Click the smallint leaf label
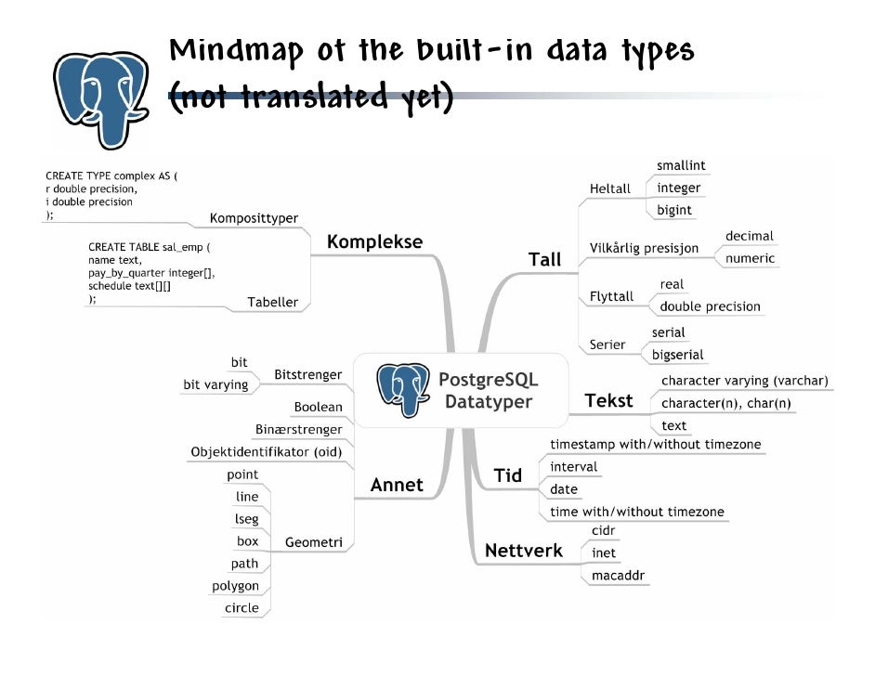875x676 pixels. point(681,165)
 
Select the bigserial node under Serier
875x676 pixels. point(677,355)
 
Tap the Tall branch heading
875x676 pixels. point(545,259)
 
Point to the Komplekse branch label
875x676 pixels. point(375,241)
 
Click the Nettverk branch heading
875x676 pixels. point(524,551)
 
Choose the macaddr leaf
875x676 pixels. point(619,576)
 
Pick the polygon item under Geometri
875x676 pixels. point(236,586)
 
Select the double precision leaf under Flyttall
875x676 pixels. point(710,306)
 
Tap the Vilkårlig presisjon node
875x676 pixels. point(644,248)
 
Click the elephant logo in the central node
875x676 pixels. point(403,389)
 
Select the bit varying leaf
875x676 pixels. point(215,384)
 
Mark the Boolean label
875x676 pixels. point(318,407)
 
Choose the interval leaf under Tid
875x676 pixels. point(574,467)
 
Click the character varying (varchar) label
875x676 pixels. point(744,381)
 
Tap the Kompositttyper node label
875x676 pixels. point(254,218)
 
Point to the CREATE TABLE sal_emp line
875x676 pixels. point(150,248)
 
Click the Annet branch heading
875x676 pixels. point(397,485)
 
